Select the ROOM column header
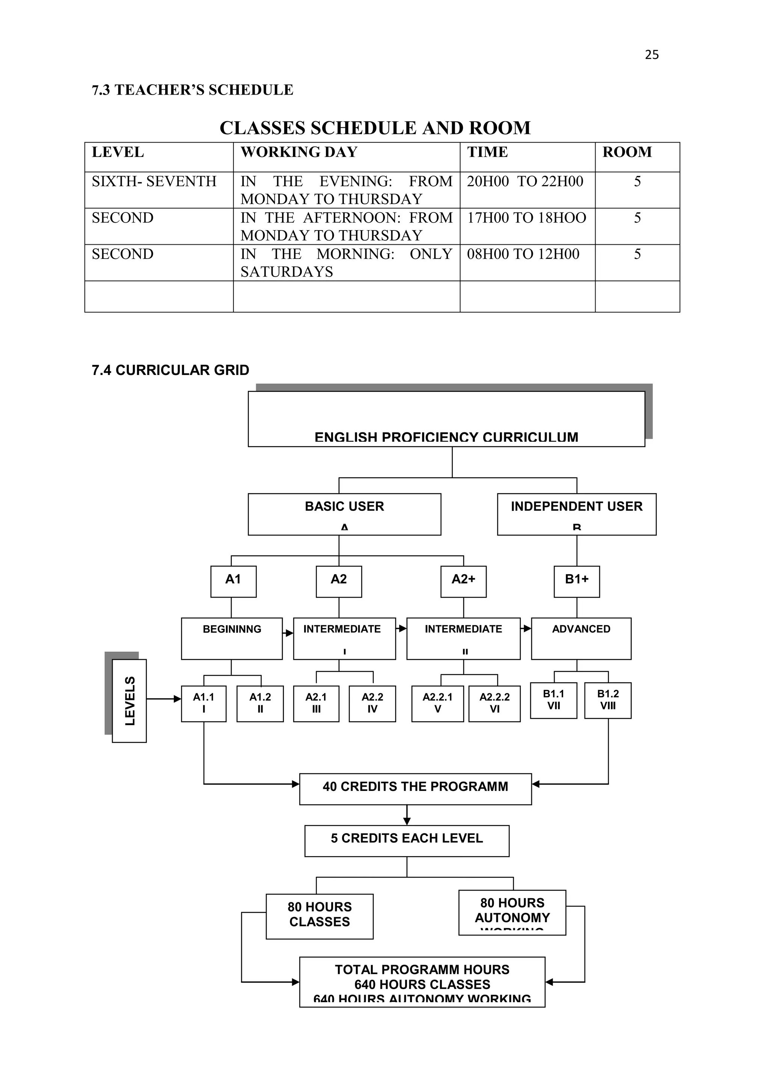click(627, 152)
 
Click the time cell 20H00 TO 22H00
click(525, 181)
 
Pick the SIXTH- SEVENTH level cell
click(154, 181)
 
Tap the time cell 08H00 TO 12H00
click(523, 254)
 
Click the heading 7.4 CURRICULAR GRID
click(170, 370)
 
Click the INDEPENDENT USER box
click(576, 514)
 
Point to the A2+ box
click(463, 581)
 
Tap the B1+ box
click(576, 581)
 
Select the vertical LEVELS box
click(129, 701)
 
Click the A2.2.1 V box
click(437, 703)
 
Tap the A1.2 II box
click(260, 703)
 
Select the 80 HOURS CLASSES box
click(320, 916)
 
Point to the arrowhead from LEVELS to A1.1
click(178, 699)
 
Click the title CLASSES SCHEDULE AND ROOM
click(375, 128)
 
